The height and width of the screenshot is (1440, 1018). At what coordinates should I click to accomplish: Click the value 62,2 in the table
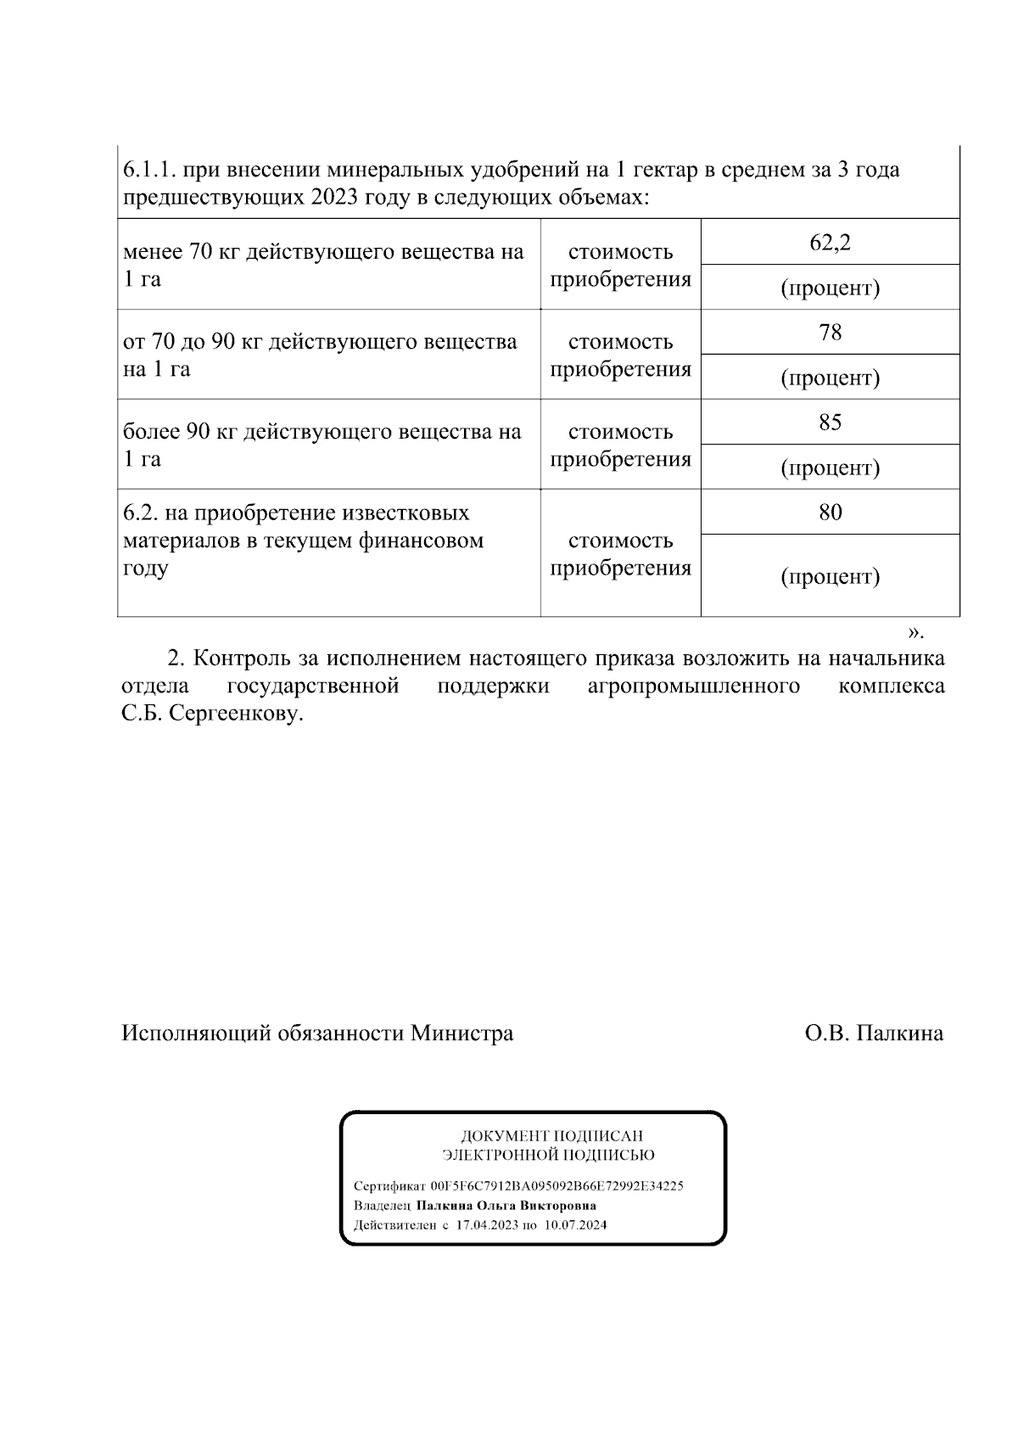[830, 243]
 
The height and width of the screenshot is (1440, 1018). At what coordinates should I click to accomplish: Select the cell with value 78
[830, 332]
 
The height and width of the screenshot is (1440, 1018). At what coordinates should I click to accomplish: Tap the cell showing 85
[830, 422]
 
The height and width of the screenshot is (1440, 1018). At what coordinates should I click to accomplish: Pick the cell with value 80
[830, 512]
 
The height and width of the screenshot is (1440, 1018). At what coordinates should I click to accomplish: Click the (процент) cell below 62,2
[830, 288]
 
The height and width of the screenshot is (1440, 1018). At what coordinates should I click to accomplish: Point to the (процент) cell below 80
[830, 577]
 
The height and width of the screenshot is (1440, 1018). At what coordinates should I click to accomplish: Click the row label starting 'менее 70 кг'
[323, 265]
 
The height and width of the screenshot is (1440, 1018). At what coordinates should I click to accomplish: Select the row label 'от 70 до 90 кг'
[320, 355]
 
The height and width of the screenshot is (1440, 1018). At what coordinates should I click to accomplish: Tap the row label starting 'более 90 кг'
[322, 445]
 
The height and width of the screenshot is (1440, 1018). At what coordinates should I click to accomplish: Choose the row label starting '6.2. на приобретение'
[303, 540]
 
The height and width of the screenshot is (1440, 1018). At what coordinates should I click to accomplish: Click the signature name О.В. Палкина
[874, 1033]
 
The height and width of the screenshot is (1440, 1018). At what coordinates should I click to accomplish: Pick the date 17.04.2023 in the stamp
[486, 1225]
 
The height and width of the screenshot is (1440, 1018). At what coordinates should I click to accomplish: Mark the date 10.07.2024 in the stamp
[576, 1225]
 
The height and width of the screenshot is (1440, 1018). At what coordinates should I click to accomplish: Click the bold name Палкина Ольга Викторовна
[506, 1205]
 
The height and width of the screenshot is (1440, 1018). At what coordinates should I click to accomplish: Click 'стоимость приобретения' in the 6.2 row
[620, 553]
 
